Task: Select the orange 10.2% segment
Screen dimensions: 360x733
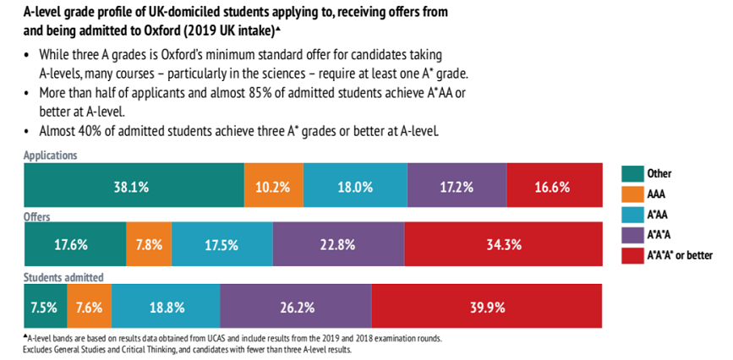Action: coord(274,187)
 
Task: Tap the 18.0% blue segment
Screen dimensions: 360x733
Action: coord(355,187)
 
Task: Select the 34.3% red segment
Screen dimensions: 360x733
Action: coord(503,246)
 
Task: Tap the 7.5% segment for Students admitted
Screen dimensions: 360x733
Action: coord(45,307)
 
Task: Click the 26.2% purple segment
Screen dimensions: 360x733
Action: coord(295,307)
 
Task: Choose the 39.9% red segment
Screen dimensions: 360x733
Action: coord(486,307)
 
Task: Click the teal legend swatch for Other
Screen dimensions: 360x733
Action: coord(632,174)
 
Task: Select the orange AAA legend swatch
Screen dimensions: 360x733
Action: coord(632,194)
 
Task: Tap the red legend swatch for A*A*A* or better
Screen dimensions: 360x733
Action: coord(632,255)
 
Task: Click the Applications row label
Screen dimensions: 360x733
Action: coord(52,156)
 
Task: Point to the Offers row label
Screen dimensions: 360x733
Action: coord(38,217)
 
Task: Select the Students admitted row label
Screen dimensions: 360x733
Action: coord(64,276)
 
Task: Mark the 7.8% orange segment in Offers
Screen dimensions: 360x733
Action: coord(148,246)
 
